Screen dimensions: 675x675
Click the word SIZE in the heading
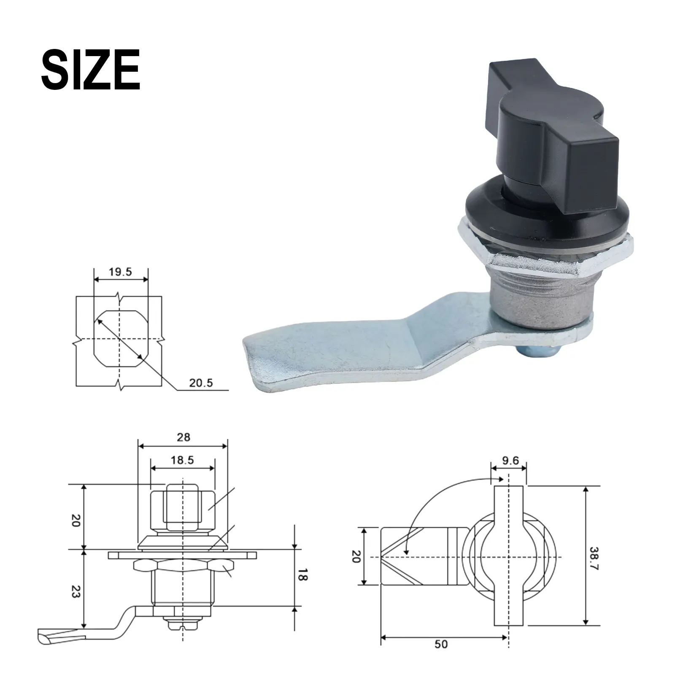pos(90,69)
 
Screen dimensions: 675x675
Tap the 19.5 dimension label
pos(120,272)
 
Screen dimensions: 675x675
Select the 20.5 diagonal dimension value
pos(201,383)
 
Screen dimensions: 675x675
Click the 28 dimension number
pos(184,437)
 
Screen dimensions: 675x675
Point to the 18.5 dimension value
pos(182,460)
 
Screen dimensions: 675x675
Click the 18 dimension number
pos(302,575)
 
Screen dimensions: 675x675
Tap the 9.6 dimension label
pos(510,460)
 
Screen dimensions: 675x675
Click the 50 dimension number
pos(441,656)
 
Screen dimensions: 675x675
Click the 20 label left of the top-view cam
pos(355,556)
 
